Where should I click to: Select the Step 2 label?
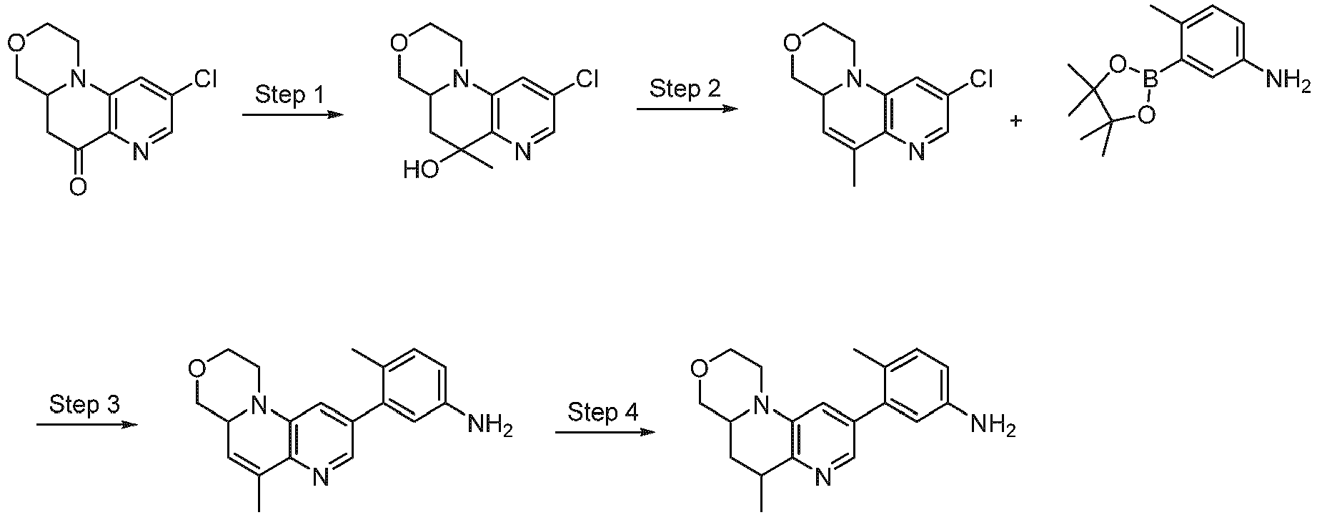tap(685, 89)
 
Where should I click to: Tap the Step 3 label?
tap(84, 404)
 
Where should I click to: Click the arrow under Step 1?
tap(289, 114)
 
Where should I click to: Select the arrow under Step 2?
tap(687, 109)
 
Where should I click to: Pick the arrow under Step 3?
tap(86, 424)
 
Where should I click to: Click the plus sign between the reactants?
tap(1015, 121)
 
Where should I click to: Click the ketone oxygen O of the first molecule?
tap(79, 187)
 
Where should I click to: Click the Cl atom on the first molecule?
tap(205, 79)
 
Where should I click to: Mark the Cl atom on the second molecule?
tap(587, 79)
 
